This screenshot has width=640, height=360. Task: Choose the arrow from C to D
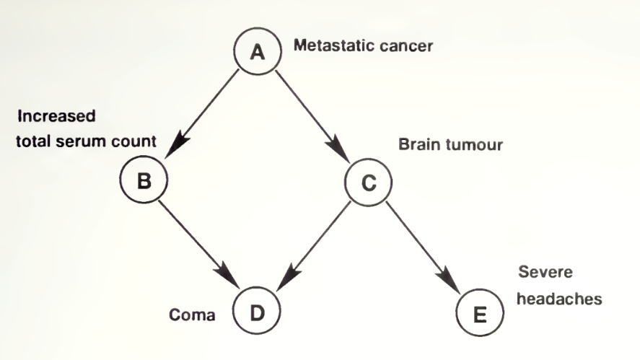(x=313, y=245)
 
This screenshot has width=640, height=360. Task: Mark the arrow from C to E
(x=422, y=245)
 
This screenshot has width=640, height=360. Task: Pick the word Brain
(x=416, y=145)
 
